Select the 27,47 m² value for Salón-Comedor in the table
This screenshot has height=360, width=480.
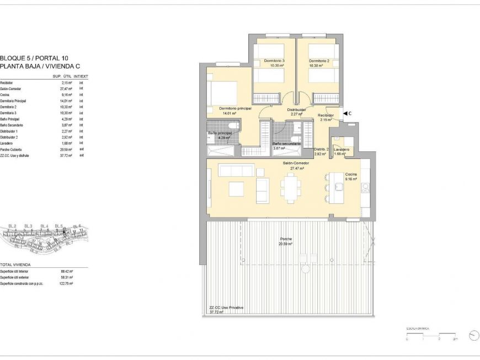click(x=67, y=89)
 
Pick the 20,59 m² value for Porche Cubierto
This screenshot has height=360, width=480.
click(x=67, y=150)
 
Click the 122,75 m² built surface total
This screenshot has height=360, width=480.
click(x=66, y=284)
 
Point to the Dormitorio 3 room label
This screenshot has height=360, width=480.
click(x=274, y=61)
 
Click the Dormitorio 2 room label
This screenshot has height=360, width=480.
click(x=319, y=61)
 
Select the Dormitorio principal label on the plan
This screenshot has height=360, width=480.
click(x=235, y=109)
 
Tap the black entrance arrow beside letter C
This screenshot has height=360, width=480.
click(x=345, y=113)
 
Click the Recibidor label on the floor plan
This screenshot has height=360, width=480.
click(x=326, y=115)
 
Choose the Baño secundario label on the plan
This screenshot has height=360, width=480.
click(x=286, y=144)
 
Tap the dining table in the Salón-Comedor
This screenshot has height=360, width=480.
click(x=290, y=186)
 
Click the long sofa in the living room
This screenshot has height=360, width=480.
click(x=236, y=170)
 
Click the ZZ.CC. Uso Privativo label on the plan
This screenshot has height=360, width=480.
click(x=226, y=308)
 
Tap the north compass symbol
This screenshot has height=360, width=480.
click(x=473, y=336)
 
